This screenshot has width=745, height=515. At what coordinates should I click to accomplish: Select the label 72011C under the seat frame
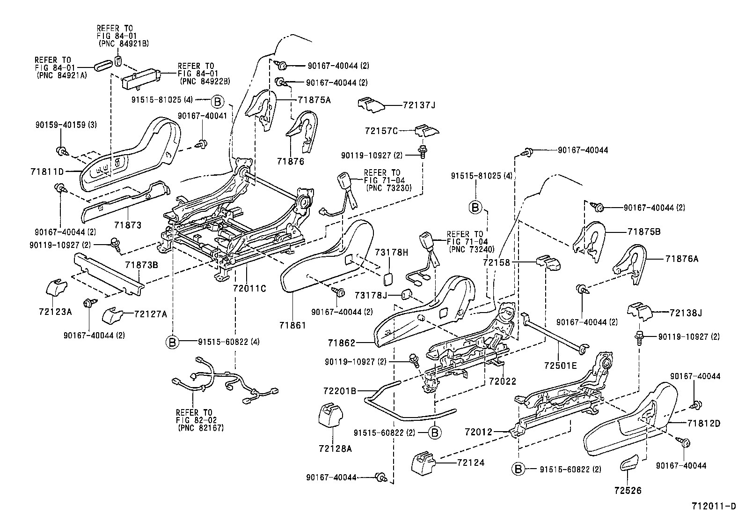pyautogui.click(x=249, y=289)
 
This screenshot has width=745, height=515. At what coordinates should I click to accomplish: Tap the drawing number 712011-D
pyautogui.click(x=714, y=506)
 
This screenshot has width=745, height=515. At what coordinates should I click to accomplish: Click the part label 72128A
pyautogui.click(x=335, y=448)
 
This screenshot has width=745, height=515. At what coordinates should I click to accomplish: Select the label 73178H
pyautogui.click(x=391, y=253)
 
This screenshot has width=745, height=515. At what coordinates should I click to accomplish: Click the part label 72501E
pyautogui.click(x=561, y=364)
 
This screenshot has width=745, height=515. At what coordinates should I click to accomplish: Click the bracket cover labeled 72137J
pyautogui.click(x=371, y=105)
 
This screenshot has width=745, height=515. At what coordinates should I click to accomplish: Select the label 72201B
pyautogui.click(x=340, y=390)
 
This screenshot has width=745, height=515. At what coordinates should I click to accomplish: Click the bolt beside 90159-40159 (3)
pyautogui.click(x=61, y=150)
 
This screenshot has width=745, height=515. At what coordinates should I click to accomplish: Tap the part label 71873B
pyautogui.click(x=141, y=265)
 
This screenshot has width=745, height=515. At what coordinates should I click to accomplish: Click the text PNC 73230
pyautogui.click(x=387, y=188)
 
